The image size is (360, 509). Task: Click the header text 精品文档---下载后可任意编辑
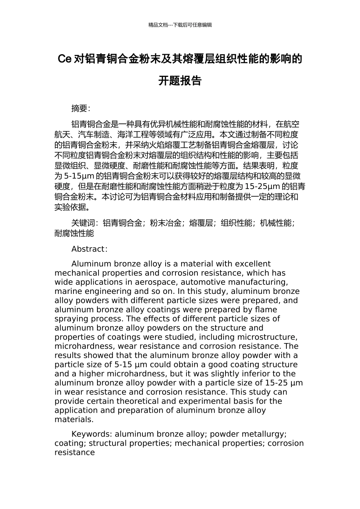[180, 25]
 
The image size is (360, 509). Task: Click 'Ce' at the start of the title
[64, 59]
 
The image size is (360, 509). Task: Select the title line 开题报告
[180, 81]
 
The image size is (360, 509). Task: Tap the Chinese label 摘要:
[81, 109]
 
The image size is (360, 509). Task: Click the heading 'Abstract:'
[89, 249]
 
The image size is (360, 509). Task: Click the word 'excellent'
[253, 264]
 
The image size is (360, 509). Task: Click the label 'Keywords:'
[92, 434]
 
